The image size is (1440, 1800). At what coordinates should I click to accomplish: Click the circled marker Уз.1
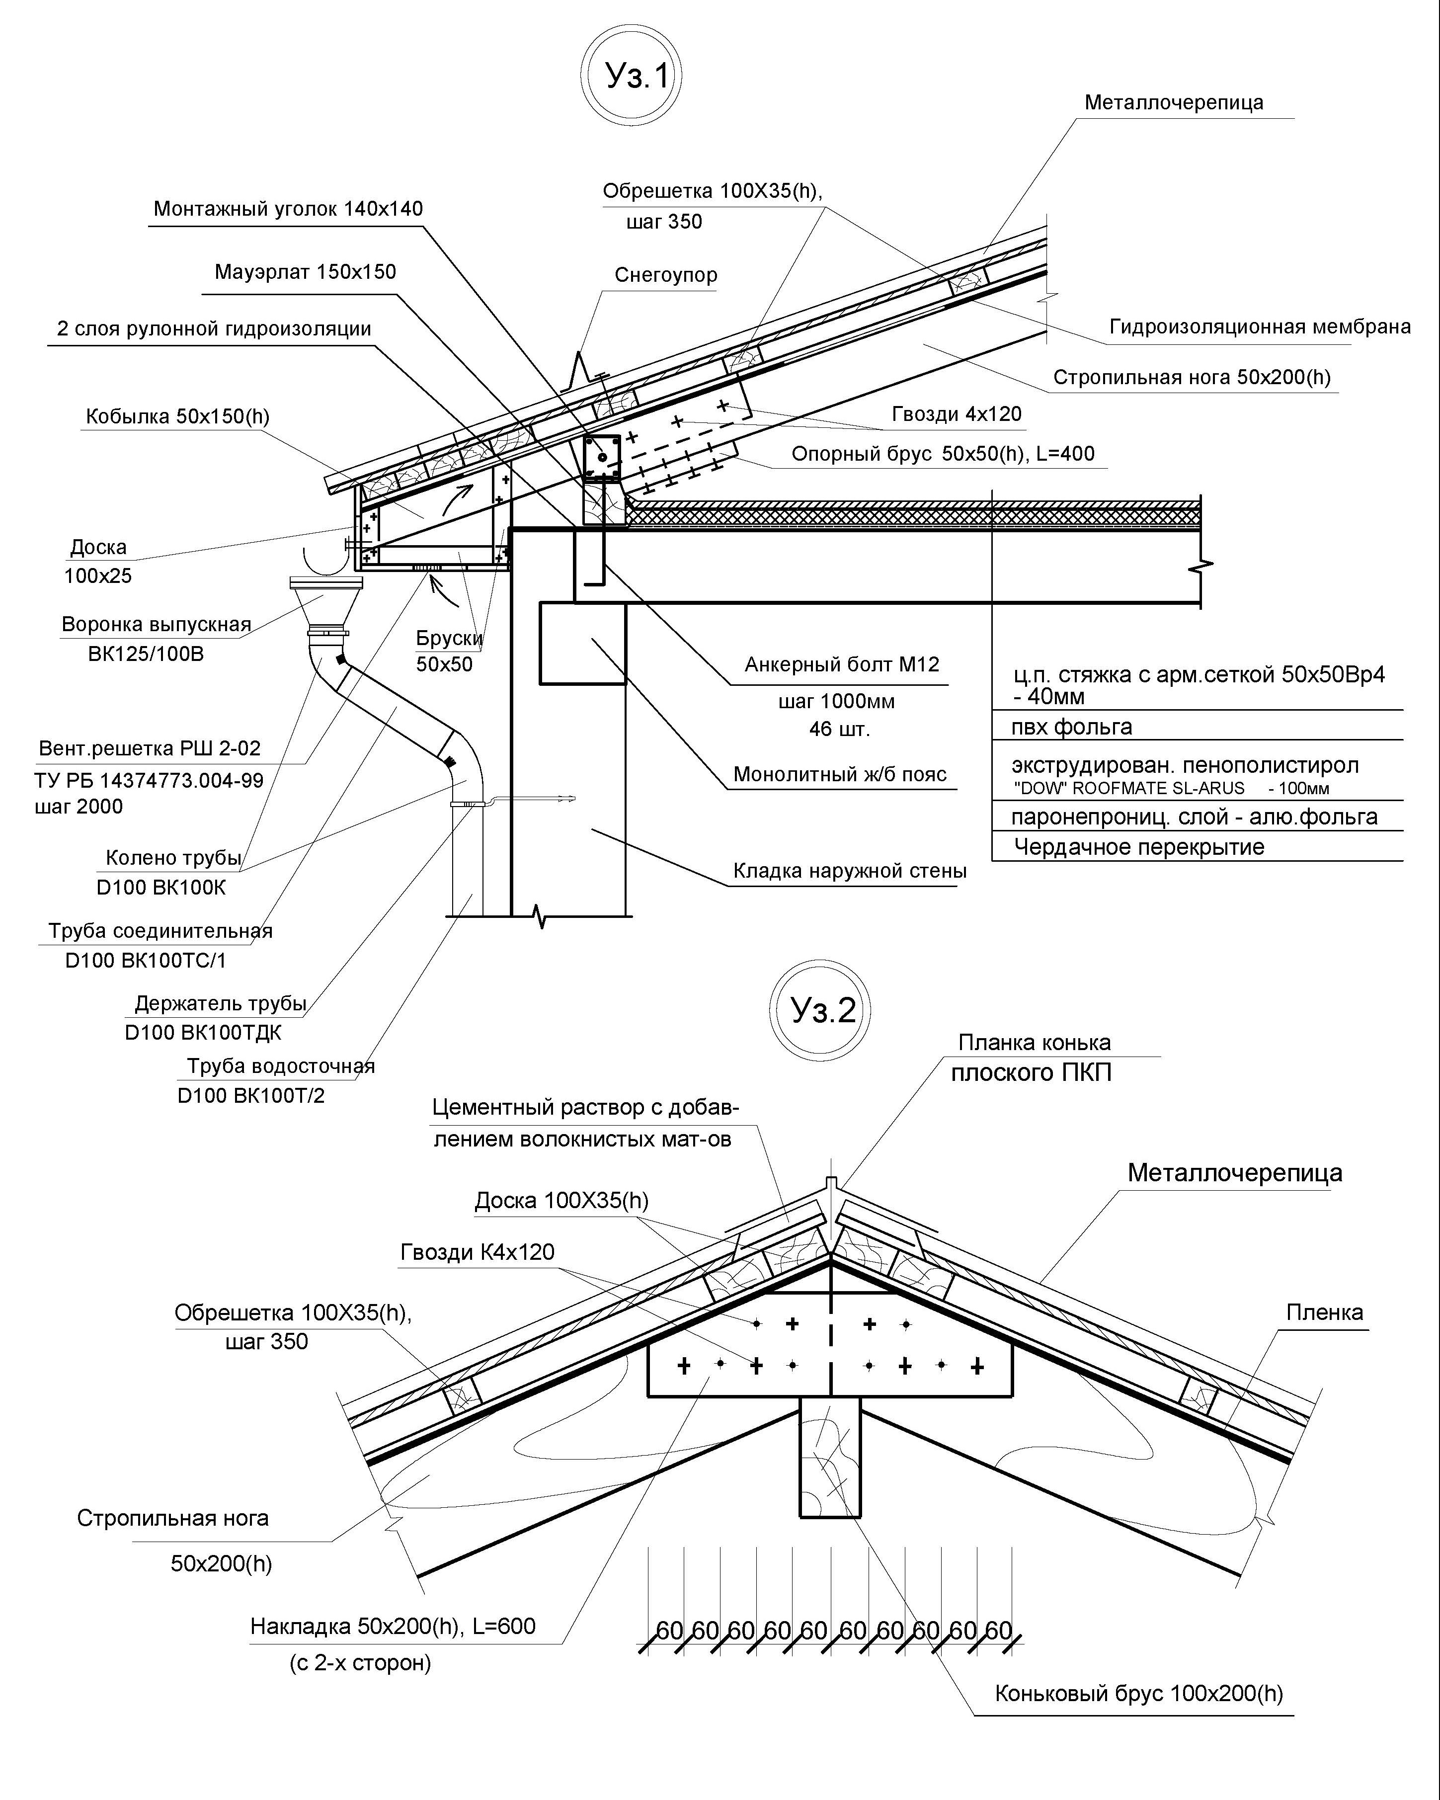[632, 77]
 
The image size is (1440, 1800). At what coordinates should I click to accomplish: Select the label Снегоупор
[666, 275]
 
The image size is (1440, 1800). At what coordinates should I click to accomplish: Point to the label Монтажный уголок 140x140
[288, 209]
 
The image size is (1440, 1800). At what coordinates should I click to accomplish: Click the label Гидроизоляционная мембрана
[1260, 327]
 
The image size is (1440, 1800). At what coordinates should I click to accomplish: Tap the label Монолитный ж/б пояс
[840, 774]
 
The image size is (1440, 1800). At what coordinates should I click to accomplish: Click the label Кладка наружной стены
[850, 871]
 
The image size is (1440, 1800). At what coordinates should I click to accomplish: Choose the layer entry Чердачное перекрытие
[1139, 847]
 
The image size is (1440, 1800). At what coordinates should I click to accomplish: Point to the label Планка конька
[1035, 1043]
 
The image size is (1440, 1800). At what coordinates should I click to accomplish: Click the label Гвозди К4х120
[478, 1252]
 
